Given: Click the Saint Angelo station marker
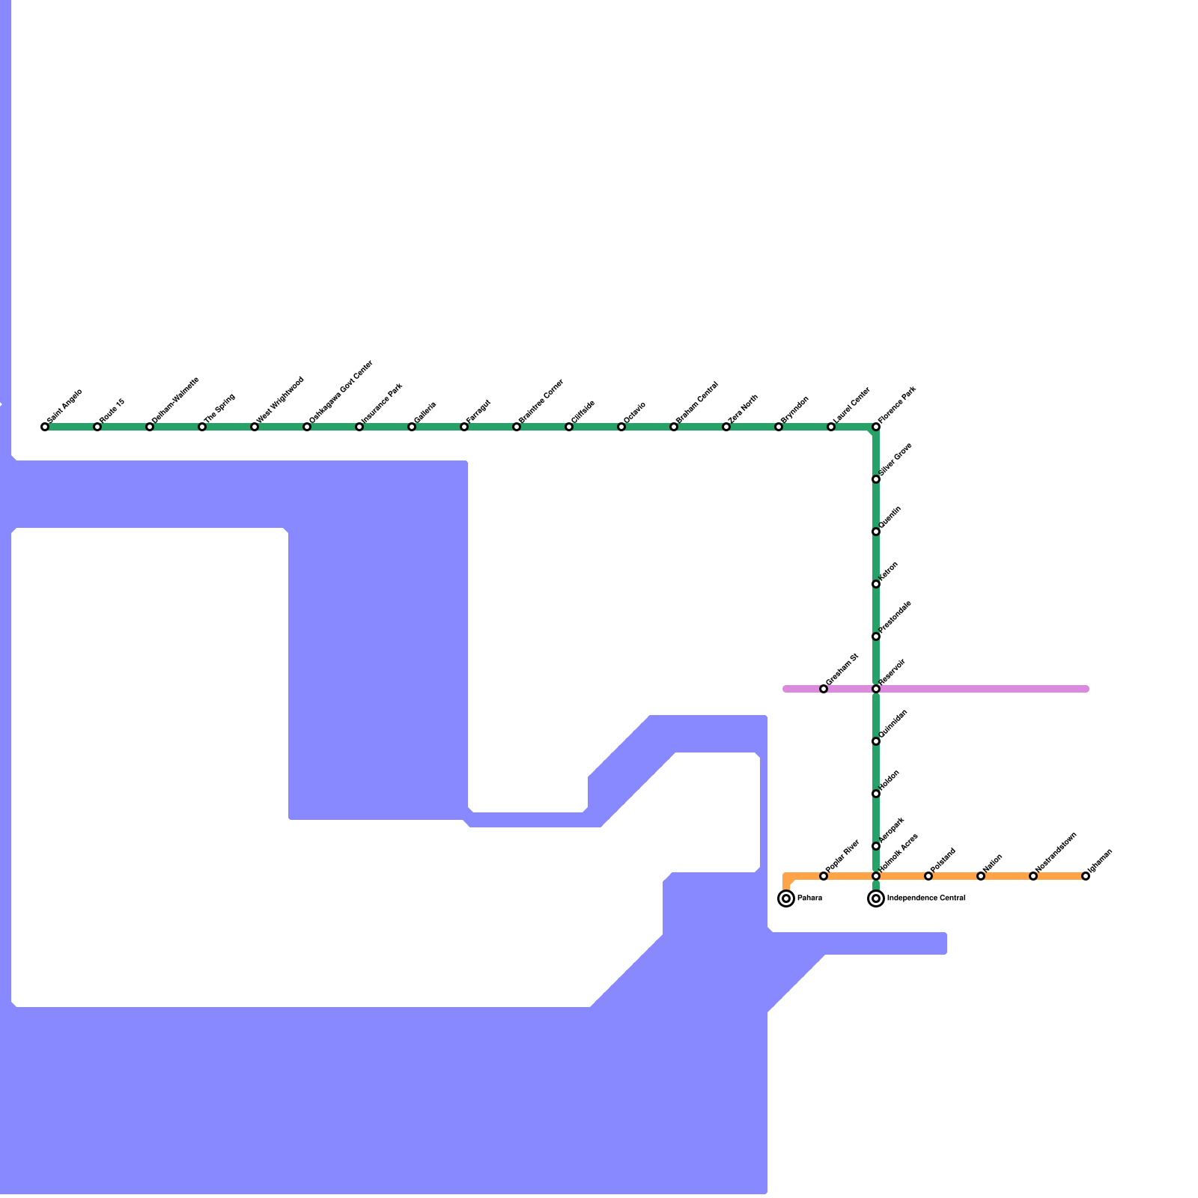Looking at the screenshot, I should pyautogui.click(x=45, y=427).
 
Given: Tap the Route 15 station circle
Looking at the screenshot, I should pyautogui.click(x=97, y=427).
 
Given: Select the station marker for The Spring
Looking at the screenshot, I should pyautogui.click(x=202, y=427).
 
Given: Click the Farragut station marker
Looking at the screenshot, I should pyautogui.click(x=464, y=427).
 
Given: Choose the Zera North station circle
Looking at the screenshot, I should pyautogui.click(x=726, y=427).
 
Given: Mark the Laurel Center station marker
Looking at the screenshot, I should pyautogui.click(x=831, y=427).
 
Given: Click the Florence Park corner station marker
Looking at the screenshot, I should pyautogui.click(x=876, y=427).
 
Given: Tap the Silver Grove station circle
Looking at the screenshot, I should pyautogui.click(x=876, y=479).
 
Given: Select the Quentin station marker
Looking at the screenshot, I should pyautogui.click(x=876, y=532).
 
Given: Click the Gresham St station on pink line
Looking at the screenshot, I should pyautogui.click(x=824, y=689).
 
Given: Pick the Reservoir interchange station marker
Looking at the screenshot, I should pyautogui.click(x=876, y=689).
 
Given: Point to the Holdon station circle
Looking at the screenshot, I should pyautogui.click(x=876, y=794).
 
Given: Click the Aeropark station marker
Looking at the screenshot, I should pyautogui.click(x=876, y=846).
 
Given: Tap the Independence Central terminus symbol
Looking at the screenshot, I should pyautogui.click(x=876, y=898).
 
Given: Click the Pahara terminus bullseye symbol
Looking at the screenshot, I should pyautogui.click(x=786, y=898).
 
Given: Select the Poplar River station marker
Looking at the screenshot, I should pyautogui.click(x=824, y=876).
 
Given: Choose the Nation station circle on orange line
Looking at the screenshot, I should pyautogui.click(x=981, y=876).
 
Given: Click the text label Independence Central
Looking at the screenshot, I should pyautogui.click(x=926, y=898).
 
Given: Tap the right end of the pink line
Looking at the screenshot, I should pyautogui.click(x=1086, y=689).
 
